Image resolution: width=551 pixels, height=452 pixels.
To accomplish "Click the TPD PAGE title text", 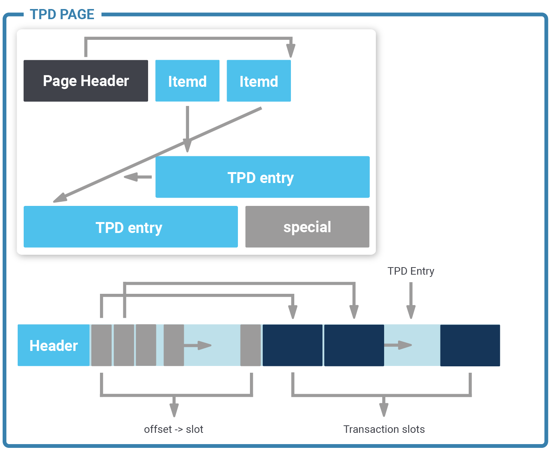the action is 62,14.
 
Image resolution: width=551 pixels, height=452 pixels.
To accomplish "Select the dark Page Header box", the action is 86,81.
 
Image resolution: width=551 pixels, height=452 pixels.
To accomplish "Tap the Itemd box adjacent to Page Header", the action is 187,81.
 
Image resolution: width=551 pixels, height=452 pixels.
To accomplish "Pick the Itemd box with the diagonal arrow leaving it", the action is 259,81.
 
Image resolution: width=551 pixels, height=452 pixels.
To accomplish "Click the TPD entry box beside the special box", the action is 131,227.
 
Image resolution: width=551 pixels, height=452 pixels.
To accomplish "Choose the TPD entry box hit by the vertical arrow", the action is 263,177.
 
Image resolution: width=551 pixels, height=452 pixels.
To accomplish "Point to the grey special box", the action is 307,227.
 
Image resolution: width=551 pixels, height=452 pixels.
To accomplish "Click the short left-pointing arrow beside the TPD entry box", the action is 138,177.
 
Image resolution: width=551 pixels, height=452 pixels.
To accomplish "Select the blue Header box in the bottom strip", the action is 53,345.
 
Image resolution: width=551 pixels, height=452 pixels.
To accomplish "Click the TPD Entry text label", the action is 411,271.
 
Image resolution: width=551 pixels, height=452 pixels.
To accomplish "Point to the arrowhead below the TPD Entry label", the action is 411,312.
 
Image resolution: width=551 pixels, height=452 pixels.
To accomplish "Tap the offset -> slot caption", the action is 174,429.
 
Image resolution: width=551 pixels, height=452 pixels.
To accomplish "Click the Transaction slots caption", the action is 384,429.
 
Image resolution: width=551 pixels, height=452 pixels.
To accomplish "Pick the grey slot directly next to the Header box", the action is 101,345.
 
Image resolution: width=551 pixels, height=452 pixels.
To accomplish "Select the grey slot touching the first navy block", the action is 251,345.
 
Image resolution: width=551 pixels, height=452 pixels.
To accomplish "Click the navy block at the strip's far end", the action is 470,345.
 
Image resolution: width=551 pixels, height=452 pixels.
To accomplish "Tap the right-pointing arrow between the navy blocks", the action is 398,345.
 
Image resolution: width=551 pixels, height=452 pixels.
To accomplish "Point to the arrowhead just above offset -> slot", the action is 174,410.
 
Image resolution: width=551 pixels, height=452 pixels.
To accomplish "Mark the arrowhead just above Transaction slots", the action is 384,410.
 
